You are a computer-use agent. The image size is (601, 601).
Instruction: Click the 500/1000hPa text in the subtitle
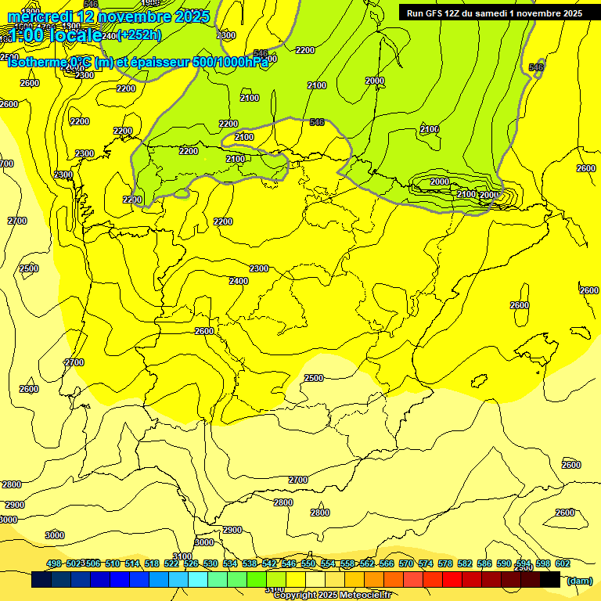[x=231, y=62]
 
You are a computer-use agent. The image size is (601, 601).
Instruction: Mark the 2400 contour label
[x=239, y=281]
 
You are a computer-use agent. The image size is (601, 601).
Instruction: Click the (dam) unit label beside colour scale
[x=579, y=581]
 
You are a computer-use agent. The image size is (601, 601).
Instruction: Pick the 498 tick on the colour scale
[x=54, y=563]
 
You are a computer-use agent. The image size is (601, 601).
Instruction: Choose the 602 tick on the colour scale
[x=562, y=563]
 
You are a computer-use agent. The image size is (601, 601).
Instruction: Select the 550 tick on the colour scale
[x=308, y=563]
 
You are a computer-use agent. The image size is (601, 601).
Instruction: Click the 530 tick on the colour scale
[x=211, y=563]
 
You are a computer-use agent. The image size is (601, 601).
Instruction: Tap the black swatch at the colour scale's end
[x=550, y=580]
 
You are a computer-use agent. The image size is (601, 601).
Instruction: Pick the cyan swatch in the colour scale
[x=198, y=580]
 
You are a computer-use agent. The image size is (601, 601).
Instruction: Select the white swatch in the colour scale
[x=315, y=580]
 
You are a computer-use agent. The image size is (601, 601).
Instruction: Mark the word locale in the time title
[x=74, y=34]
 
